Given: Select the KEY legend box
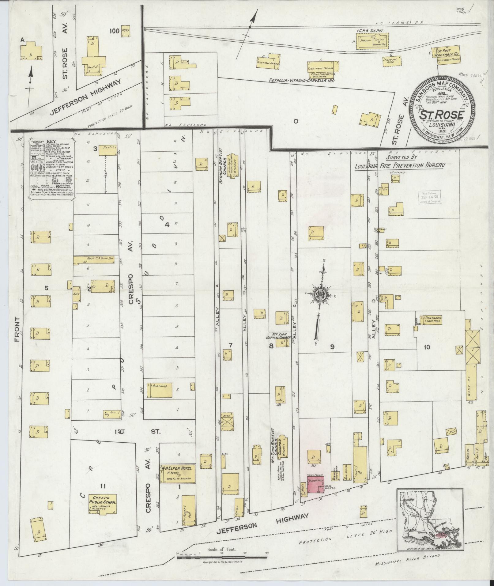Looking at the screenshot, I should coord(52,170).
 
